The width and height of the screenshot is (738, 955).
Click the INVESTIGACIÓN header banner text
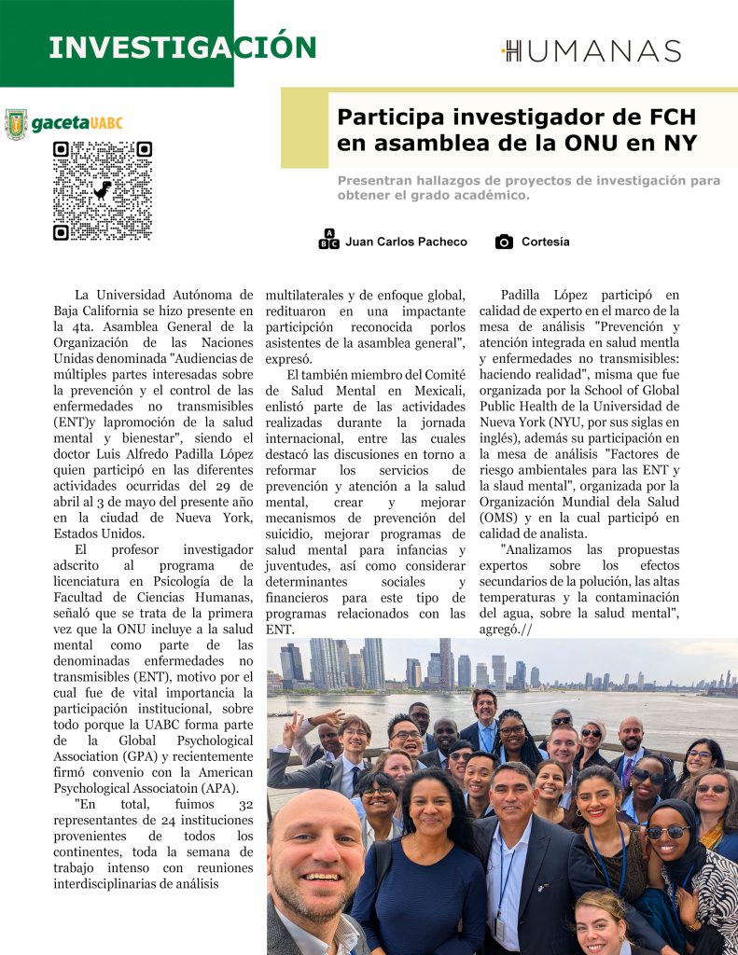(x=182, y=48)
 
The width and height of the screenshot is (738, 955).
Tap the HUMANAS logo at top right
(x=592, y=50)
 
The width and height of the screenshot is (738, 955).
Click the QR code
(x=102, y=190)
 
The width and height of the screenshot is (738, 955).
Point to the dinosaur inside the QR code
(x=102, y=190)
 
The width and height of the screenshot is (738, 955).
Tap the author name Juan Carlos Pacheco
(x=406, y=242)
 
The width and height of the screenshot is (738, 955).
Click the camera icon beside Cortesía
(x=504, y=242)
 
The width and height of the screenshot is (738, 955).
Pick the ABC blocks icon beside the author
(x=328, y=240)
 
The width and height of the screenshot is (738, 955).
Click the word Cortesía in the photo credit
(x=545, y=242)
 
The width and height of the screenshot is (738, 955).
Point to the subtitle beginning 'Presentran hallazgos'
(x=528, y=187)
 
